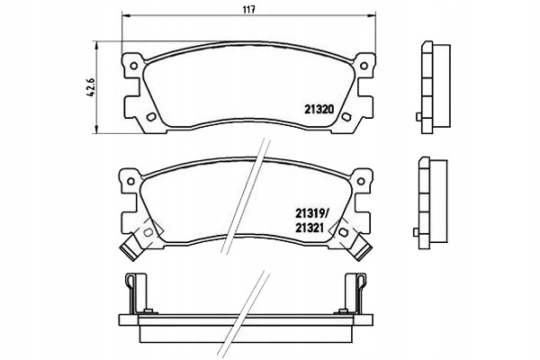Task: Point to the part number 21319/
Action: click(311, 214)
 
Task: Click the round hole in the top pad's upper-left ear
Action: click(130, 65)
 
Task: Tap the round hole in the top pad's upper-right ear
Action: click(366, 65)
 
